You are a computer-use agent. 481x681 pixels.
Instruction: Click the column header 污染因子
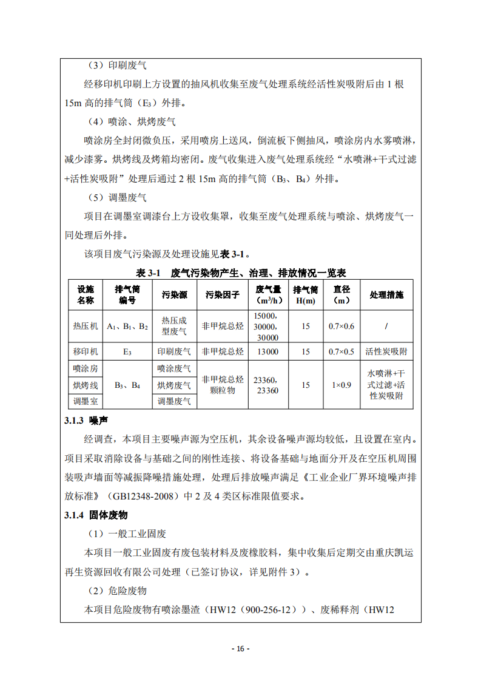point(223,295)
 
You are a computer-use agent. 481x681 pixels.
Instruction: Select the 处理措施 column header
point(386,295)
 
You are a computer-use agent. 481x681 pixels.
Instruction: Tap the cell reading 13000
point(267,351)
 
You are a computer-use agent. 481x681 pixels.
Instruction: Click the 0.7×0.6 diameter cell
point(341,326)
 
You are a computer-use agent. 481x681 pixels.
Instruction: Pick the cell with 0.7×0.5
point(341,351)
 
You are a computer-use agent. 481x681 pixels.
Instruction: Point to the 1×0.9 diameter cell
point(341,384)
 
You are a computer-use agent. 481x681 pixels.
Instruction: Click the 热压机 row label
point(85,326)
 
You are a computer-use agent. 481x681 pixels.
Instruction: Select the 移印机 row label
point(85,351)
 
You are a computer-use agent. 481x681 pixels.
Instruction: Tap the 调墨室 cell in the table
point(85,401)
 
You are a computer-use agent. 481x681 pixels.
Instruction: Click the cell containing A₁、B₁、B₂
point(127,326)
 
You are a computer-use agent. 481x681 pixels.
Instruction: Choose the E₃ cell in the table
point(127,351)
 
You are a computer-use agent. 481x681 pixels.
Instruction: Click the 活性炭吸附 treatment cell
point(386,351)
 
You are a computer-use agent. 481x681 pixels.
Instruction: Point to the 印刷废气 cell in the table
point(174,351)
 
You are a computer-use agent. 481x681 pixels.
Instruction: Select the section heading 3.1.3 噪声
point(82,421)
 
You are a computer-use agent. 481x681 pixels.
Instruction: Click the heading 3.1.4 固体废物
point(95,515)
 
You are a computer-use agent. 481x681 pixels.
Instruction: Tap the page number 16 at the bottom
point(240,648)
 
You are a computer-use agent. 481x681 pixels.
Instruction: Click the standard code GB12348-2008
point(159,496)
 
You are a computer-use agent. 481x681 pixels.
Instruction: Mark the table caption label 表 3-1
point(147,273)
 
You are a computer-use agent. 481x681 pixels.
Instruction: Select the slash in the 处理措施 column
point(386,326)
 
